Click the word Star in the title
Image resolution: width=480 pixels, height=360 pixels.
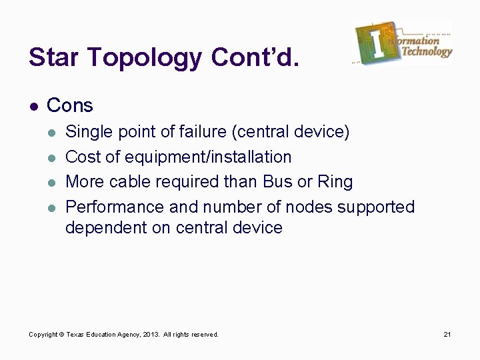(56, 58)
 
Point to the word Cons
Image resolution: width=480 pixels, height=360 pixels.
(70, 105)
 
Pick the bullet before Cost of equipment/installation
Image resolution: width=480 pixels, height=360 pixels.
(53, 158)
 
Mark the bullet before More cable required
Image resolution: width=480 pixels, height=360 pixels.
(53, 182)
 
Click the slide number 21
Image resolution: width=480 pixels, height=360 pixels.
(447, 334)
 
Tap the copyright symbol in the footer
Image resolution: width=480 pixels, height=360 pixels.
(62, 334)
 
